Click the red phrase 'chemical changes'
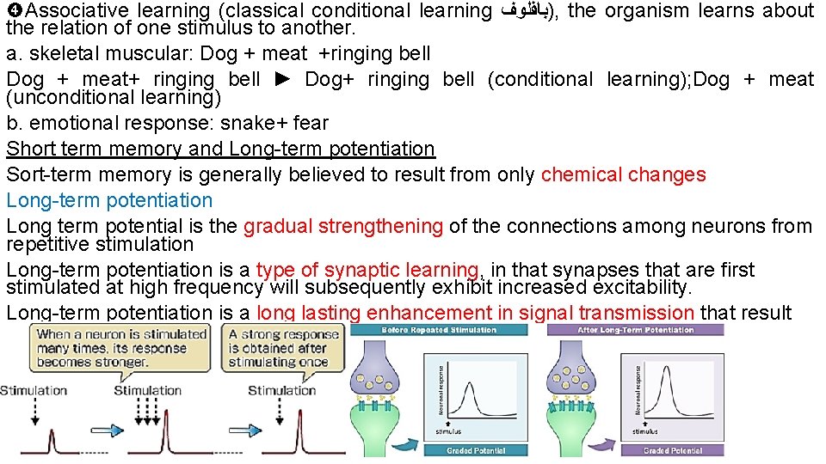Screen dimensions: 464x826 click(623, 174)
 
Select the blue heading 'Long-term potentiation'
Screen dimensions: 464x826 click(109, 200)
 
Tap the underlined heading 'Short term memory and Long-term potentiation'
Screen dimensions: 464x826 click(220, 149)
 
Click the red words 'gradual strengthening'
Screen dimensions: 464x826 click(342, 226)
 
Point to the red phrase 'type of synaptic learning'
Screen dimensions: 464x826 click(367, 270)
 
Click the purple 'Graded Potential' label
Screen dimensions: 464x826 click(674, 449)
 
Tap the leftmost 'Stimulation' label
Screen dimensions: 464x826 click(33, 391)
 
